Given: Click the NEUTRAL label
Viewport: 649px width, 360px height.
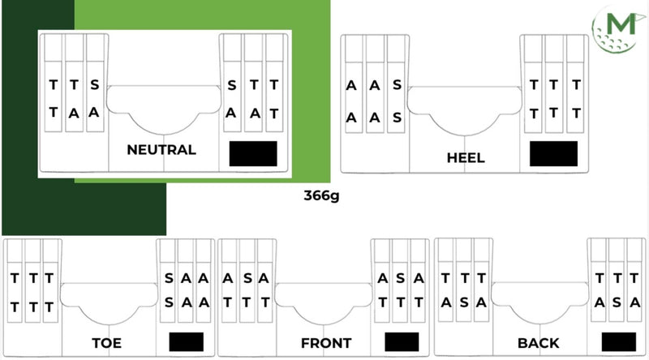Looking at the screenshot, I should pyautogui.click(x=161, y=149).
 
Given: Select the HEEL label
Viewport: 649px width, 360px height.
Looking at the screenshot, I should pyautogui.click(x=465, y=157).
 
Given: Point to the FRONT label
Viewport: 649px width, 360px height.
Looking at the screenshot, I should pyautogui.click(x=325, y=343).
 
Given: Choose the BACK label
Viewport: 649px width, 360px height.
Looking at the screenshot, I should pyautogui.click(x=538, y=343).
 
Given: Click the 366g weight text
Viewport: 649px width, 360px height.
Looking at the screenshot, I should pyautogui.click(x=321, y=195).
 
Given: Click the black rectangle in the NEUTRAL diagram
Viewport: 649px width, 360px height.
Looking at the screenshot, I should pyautogui.click(x=253, y=153).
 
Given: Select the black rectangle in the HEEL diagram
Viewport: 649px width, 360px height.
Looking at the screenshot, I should pyautogui.click(x=553, y=153).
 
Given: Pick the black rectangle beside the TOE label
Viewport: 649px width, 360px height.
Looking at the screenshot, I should pyautogui.click(x=186, y=342).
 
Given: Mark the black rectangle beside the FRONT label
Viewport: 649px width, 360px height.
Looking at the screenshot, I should pyautogui.click(x=402, y=342).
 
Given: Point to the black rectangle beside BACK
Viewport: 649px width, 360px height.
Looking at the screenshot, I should pyautogui.click(x=618, y=342).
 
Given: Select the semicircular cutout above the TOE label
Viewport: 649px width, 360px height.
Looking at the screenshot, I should pyautogui.click(x=109, y=303).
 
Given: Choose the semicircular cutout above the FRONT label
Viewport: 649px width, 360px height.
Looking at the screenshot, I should pyautogui.click(x=325, y=303).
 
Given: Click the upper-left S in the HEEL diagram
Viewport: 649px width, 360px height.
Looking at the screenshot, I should pyautogui.click(x=396, y=84).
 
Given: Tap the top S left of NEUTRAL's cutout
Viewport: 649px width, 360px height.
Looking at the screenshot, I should pyautogui.click(x=94, y=84).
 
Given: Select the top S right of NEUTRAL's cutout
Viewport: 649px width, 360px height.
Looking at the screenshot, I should pyautogui.click(x=231, y=84).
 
